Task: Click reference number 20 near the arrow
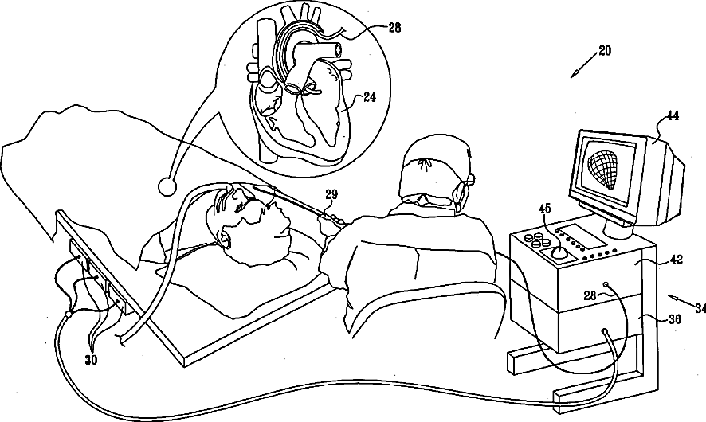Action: pos(605,50)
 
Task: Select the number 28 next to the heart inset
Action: pos(394,28)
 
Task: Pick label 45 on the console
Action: pos(545,209)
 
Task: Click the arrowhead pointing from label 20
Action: pos(575,75)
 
